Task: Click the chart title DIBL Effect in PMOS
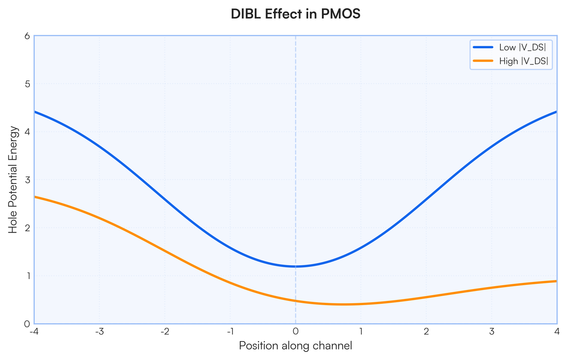295,14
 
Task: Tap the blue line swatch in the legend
483,47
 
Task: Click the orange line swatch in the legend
483,61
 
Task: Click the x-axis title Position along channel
295,346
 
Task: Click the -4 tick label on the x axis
34,331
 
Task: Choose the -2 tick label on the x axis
164,331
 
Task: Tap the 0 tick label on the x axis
295,331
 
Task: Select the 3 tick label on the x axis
492,331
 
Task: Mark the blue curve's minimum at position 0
295,266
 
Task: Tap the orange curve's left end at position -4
35,196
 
